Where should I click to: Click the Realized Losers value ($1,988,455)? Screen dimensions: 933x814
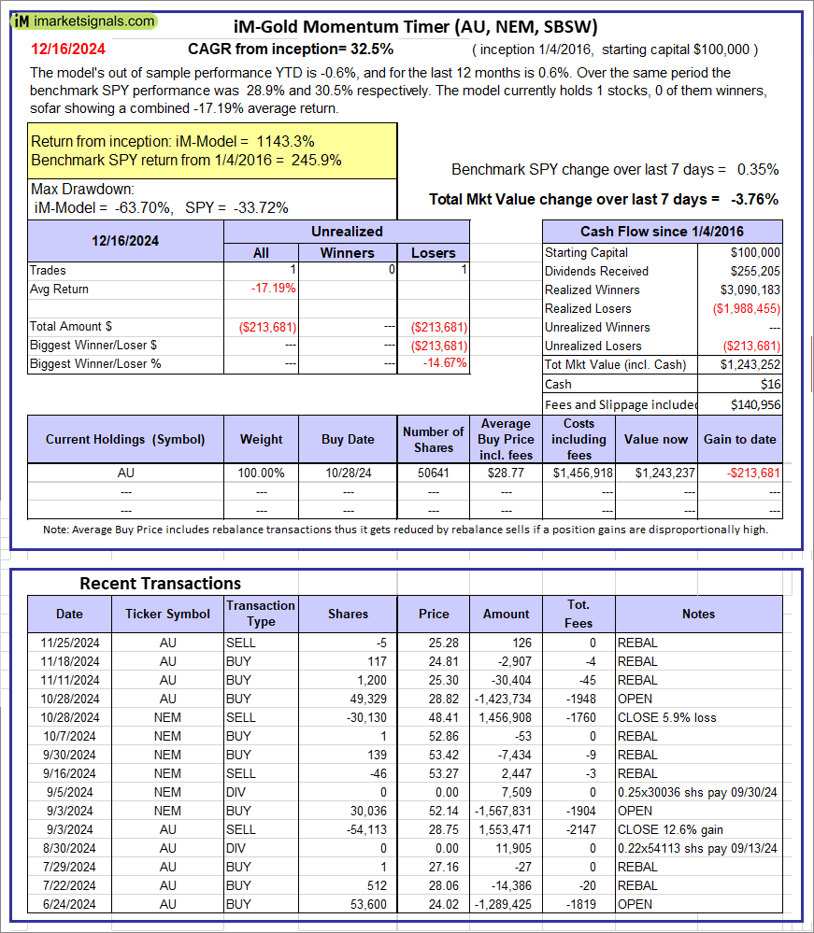click(x=747, y=308)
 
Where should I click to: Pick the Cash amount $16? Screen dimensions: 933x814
click(x=771, y=384)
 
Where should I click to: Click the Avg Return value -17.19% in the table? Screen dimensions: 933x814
click(x=273, y=289)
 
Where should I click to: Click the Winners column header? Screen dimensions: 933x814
click(x=347, y=252)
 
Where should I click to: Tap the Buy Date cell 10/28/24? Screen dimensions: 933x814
click(x=348, y=473)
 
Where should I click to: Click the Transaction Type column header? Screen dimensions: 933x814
click(x=261, y=614)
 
